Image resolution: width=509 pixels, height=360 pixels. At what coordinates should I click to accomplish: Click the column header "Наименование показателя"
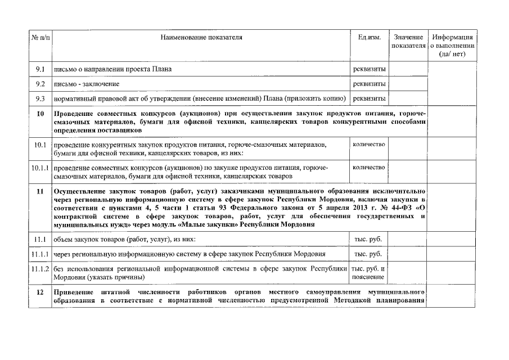pos(201,38)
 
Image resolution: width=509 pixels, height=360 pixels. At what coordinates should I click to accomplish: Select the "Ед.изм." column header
pos(369,38)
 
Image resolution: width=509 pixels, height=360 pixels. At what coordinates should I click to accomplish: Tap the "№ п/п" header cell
pos(39,38)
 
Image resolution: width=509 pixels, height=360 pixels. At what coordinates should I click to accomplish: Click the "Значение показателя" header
pos(408,41)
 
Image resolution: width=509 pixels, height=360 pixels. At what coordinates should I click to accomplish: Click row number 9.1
pos(39,69)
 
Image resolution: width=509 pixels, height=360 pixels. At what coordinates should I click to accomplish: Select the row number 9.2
pos(39,84)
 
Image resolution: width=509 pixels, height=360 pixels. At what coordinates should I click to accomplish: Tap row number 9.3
pos(39,98)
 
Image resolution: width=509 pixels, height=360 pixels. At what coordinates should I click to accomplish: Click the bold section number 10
pos(39,114)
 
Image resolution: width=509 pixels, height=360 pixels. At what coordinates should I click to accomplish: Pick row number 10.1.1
pos(39,168)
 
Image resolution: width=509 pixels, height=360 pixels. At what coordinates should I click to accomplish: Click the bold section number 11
pos(39,192)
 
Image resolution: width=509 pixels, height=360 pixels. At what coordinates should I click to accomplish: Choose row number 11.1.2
pos(39,269)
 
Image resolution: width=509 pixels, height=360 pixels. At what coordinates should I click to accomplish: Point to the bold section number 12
pos(39,293)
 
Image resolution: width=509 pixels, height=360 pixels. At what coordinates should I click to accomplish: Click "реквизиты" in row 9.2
pos(369,84)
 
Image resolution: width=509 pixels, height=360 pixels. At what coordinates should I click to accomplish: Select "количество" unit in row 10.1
pos(369,145)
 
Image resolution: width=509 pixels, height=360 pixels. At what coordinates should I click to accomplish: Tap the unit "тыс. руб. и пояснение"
pos(369,273)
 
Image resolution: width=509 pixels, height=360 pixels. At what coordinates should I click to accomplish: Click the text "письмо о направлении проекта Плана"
pos(112,69)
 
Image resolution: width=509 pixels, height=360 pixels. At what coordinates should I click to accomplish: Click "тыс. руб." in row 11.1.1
pos(369,254)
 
